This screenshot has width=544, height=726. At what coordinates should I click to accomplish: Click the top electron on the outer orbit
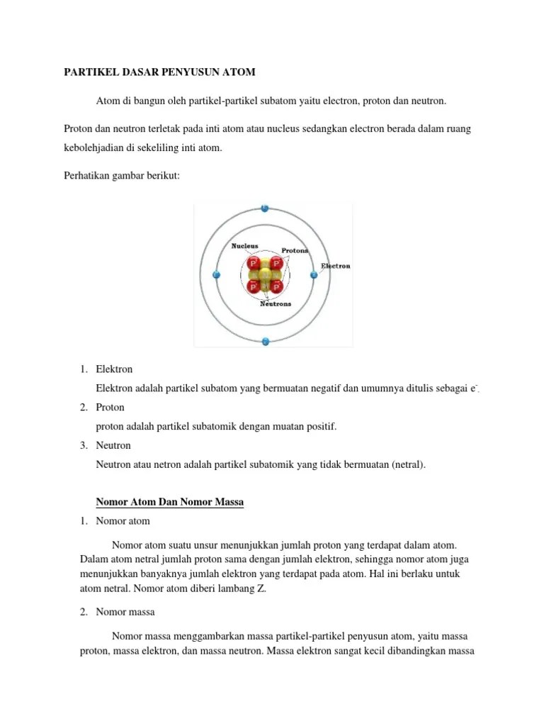point(265,208)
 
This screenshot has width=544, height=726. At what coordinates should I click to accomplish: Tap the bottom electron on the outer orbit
point(265,341)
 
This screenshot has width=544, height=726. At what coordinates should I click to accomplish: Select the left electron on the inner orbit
point(216,274)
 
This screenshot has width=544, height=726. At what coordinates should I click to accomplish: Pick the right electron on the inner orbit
point(314,274)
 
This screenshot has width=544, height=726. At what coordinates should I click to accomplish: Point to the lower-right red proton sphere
point(277,286)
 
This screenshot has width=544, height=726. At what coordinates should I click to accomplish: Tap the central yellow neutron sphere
point(265,275)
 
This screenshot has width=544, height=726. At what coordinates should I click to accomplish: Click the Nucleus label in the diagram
point(245,246)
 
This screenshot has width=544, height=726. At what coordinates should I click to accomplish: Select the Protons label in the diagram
point(295,251)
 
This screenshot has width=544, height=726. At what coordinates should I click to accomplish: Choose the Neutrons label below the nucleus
point(276,303)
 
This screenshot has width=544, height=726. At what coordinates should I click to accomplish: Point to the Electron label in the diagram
point(336,267)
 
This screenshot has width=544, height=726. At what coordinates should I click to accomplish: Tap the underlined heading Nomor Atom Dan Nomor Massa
point(169,503)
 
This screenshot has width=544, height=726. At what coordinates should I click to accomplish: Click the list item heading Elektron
point(114,369)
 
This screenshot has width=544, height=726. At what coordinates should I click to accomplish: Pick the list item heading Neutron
point(113,445)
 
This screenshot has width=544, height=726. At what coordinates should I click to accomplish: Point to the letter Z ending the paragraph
point(263,588)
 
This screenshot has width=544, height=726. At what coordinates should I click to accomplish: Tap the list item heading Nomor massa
point(125,611)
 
